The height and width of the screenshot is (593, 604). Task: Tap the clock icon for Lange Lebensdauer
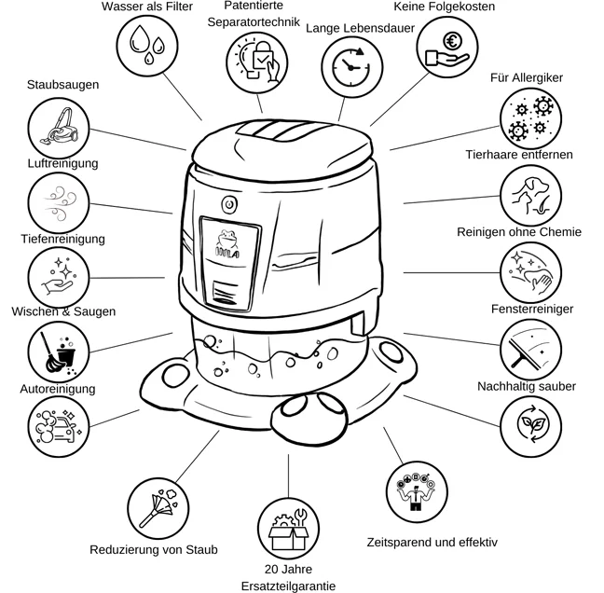[x=350, y=67]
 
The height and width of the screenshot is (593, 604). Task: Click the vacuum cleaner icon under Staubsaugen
[x=56, y=128]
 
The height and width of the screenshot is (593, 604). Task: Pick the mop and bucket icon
[x=58, y=352]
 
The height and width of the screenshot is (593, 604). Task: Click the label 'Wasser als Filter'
[x=146, y=7]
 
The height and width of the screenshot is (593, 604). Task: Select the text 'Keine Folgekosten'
[x=445, y=7]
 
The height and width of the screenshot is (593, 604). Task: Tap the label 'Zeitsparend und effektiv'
[x=432, y=542]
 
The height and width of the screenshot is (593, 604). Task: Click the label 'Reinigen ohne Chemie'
[x=518, y=232]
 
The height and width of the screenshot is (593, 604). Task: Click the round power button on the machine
[x=228, y=203]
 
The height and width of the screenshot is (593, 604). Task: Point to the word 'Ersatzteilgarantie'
[x=288, y=585]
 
